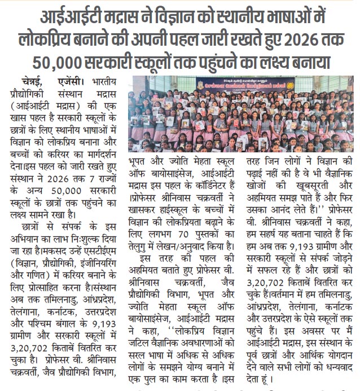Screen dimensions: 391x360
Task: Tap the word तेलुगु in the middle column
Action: point(142,245)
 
